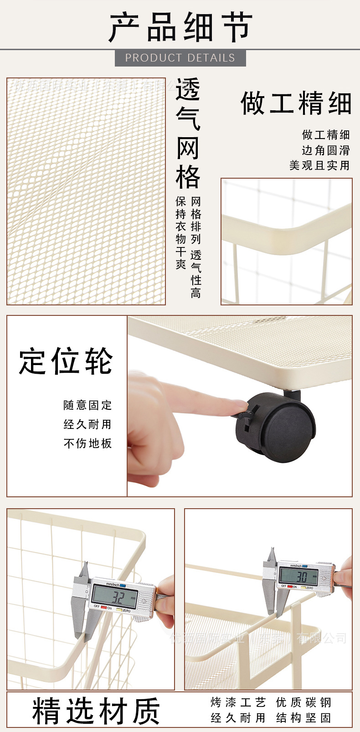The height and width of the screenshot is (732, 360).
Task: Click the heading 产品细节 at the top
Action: pos(180,27)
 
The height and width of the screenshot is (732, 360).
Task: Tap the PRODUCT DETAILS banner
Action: pos(180,58)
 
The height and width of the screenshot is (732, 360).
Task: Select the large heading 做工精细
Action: pos(296,103)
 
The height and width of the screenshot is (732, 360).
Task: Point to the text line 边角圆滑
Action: pos(325,150)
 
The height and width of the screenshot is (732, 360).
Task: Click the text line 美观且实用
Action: pos(319,165)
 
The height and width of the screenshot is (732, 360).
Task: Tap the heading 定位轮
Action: pos(66,361)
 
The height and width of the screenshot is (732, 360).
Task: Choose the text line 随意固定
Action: pos(87,405)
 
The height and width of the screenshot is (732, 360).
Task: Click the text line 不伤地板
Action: pos(87,443)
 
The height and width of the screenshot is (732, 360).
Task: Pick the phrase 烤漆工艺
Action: pos(238,702)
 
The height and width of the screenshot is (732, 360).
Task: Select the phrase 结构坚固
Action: pos(303,718)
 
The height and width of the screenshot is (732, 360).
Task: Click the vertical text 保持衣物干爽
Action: pos(181,232)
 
